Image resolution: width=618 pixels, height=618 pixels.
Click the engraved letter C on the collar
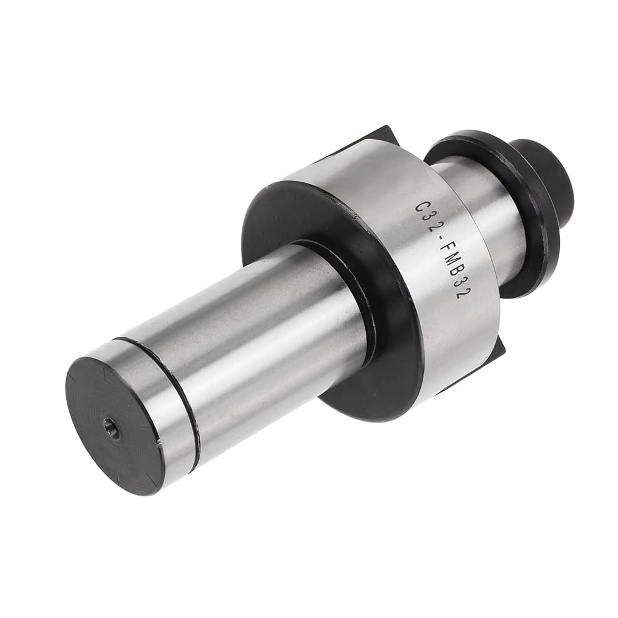421,206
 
